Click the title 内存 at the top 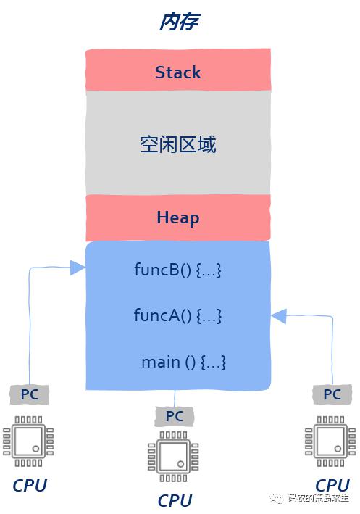click(x=180, y=22)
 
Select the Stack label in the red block click(x=178, y=72)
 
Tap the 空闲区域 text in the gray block click(x=178, y=144)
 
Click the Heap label click(x=178, y=218)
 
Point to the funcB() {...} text click(x=177, y=270)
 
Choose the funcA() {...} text click(x=177, y=315)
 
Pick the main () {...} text click(x=183, y=362)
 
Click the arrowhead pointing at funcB click(x=78, y=268)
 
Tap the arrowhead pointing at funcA click(x=279, y=316)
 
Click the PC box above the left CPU click(x=30, y=394)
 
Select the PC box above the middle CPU click(x=175, y=416)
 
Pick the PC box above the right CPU click(x=332, y=394)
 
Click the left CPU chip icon click(x=28, y=442)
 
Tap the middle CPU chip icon click(x=173, y=457)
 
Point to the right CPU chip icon click(x=330, y=442)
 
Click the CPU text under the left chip click(x=30, y=486)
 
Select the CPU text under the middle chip click(x=175, y=500)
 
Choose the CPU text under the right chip click(x=332, y=485)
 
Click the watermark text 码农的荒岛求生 click(x=319, y=499)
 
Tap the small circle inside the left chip click(x=35, y=449)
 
